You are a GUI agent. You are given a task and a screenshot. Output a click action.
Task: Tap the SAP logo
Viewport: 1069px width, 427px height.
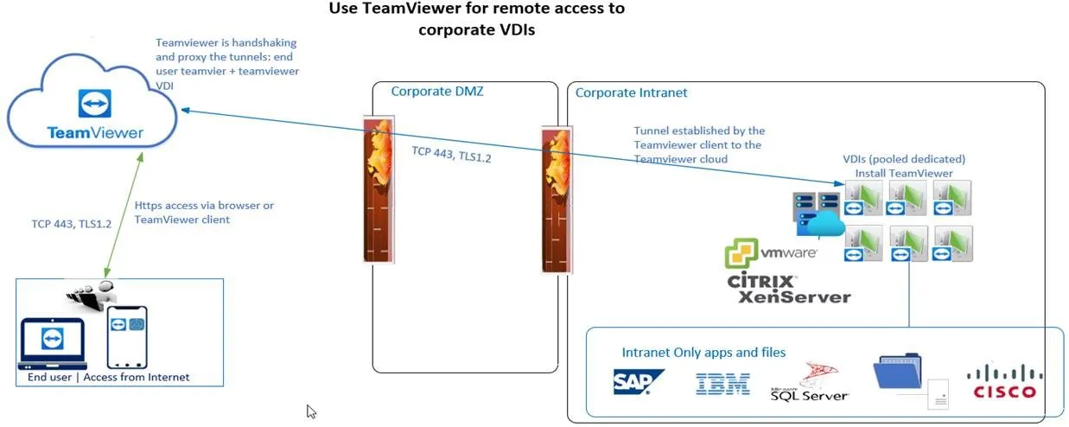(639, 382)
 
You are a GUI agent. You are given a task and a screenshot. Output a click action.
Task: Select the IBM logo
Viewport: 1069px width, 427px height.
(722, 384)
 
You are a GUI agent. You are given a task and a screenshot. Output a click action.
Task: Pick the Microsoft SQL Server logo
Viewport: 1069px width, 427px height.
(810, 384)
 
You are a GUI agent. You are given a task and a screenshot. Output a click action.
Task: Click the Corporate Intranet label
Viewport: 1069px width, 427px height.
(631, 92)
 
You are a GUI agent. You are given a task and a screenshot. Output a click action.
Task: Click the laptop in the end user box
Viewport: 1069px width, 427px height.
(52, 343)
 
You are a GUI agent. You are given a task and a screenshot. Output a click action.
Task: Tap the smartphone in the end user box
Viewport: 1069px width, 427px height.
(126, 338)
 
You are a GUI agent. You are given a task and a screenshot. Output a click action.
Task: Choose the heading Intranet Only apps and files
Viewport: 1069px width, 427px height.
(703, 352)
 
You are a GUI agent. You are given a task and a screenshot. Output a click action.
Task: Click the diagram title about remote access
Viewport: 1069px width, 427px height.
(477, 18)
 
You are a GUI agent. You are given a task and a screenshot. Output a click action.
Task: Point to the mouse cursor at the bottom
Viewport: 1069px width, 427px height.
(312, 411)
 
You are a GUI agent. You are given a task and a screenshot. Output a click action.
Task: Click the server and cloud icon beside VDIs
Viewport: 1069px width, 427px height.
(816, 213)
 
